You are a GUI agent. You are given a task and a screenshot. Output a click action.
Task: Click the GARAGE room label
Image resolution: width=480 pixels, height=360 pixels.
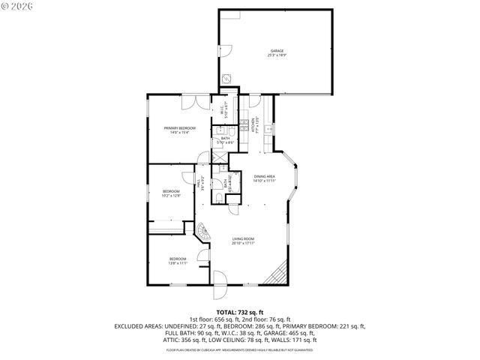pyautogui.click(x=277, y=51)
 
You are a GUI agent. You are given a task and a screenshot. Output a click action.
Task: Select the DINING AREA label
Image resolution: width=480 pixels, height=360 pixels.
pyautogui.click(x=265, y=176)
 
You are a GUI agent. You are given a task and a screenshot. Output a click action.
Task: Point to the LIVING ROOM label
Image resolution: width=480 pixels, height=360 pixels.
pyautogui.click(x=243, y=238)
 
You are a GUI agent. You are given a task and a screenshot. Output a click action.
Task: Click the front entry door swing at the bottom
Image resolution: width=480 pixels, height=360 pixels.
pyautogui.click(x=220, y=280)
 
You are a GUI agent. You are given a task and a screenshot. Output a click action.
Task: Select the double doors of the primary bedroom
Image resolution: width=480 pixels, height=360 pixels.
pyautogui.click(x=194, y=102)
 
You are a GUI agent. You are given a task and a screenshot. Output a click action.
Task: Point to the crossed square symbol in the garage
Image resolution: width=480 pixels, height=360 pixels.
pyautogui.click(x=226, y=77)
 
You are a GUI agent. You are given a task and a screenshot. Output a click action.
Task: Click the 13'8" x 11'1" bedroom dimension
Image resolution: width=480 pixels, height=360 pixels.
pyautogui.click(x=177, y=262)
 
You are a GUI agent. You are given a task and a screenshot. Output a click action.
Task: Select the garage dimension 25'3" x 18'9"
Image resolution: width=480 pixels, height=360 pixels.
pyautogui.click(x=277, y=55)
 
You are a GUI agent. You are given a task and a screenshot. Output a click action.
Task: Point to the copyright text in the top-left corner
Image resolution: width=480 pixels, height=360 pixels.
pyautogui.click(x=16, y=7)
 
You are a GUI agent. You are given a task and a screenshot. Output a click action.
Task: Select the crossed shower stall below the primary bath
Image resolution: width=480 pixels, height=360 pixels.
pyautogui.click(x=219, y=156)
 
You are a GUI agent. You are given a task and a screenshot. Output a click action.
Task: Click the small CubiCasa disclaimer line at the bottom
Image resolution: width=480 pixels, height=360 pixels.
pyautogui.click(x=240, y=349)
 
